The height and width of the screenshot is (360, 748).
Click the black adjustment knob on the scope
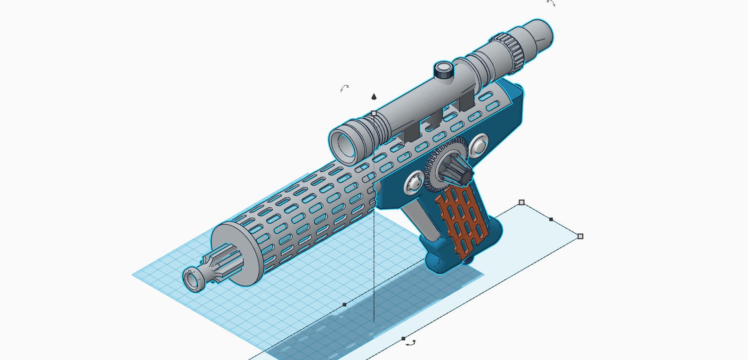443,70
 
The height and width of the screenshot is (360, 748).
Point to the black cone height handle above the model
374,97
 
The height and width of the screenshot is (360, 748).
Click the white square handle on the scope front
374,113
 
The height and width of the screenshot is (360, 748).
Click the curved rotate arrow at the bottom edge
411,344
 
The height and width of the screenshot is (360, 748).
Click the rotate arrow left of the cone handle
345,88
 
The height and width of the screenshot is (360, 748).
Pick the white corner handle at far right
580,236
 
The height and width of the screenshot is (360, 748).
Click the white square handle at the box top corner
521,202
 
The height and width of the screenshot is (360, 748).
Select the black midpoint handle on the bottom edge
403,338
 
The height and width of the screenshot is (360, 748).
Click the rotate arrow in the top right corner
551,3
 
